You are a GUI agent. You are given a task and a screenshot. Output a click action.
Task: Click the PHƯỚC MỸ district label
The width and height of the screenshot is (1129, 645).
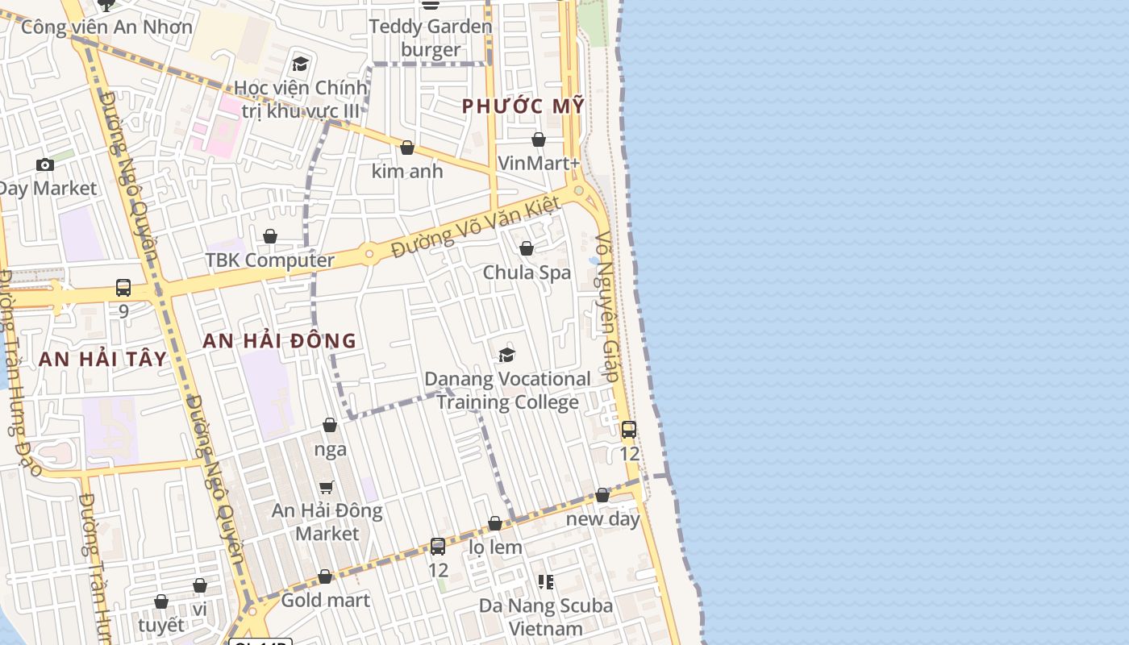click(523, 106)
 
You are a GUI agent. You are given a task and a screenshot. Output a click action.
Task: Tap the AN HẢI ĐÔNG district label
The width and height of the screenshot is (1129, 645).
click(279, 340)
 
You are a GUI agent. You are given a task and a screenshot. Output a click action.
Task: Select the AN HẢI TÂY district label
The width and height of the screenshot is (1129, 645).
click(102, 360)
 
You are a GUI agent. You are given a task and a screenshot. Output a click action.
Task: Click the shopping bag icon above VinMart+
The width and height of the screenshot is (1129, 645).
click(539, 139)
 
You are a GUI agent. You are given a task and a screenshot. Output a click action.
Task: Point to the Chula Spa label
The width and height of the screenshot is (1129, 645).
click(527, 273)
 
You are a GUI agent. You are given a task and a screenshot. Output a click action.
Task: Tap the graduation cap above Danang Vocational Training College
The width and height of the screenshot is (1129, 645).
click(506, 354)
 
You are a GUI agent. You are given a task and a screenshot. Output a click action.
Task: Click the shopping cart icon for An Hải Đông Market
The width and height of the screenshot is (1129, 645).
click(327, 486)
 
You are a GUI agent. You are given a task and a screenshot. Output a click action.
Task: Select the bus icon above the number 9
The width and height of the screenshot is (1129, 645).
click(123, 287)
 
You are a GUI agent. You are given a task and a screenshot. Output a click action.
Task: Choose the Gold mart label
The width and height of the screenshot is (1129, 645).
click(325, 600)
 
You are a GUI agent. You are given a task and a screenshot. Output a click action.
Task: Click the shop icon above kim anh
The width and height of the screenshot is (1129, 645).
click(407, 148)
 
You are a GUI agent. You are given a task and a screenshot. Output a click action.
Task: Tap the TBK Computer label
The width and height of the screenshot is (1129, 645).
click(269, 260)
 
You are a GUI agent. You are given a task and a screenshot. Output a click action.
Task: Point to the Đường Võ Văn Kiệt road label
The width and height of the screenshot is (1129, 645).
click(476, 227)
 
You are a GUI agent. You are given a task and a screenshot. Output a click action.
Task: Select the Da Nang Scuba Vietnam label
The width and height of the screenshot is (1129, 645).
click(546, 617)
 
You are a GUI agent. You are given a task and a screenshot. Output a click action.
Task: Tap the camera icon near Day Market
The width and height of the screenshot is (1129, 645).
click(45, 164)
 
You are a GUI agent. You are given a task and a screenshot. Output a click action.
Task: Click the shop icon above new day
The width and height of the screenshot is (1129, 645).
click(602, 495)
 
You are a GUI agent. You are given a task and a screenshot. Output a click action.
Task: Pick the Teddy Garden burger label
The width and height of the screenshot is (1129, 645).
click(431, 38)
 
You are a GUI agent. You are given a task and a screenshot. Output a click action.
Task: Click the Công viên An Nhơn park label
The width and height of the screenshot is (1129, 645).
click(106, 27)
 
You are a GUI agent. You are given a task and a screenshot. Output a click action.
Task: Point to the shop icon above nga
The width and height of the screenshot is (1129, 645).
click(330, 425)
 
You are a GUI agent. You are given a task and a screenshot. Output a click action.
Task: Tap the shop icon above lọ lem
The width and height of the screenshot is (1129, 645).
click(495, 523)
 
